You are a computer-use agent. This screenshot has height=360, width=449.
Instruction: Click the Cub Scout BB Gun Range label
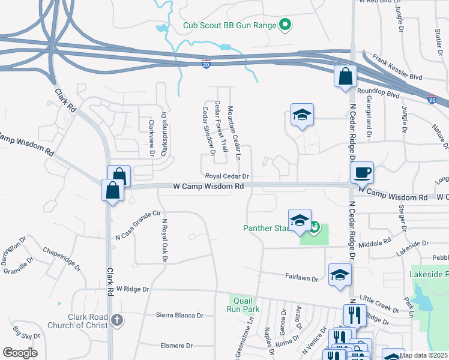tap(230, 25)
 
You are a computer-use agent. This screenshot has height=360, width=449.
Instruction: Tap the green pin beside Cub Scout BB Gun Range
tap(286, 25)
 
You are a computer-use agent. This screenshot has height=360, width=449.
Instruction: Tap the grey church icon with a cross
tap(118, 320)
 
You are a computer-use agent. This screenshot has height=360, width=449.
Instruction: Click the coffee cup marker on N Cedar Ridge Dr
tap(362, 173)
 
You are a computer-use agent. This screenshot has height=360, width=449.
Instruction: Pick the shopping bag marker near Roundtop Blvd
tap(346, 76)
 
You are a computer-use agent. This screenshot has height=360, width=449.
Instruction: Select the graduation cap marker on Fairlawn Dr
tap(340, 275)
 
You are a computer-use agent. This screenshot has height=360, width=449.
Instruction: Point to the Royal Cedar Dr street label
tap(227, 176)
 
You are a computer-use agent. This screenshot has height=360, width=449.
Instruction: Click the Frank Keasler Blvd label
tap(397, 68)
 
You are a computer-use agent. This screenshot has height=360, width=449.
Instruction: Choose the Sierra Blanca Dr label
tap(180, 314)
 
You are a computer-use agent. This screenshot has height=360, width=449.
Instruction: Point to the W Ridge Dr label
tap(133, 289)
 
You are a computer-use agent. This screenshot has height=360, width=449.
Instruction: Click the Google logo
tap(19, 353)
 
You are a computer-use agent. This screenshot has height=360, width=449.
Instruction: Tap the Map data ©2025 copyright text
tap(423, 356)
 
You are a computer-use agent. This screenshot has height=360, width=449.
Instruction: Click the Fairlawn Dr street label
tap(301, 278)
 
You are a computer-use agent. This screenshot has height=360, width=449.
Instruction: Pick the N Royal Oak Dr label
tap(163, 239)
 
